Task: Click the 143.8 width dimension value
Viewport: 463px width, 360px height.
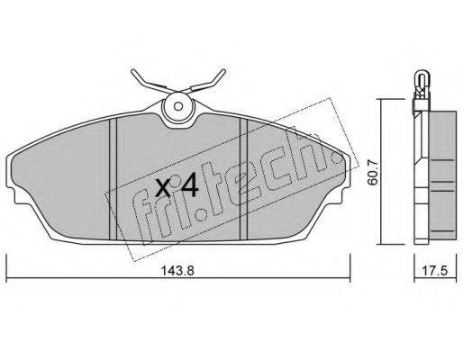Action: click(x=178, y=271)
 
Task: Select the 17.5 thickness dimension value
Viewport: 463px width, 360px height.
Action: click(x=435, y=271)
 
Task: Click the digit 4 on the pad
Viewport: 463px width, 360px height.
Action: click(x=187, y=186)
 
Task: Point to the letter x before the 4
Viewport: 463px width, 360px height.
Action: click(x=164, y=189)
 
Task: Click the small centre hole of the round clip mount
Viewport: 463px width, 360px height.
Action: click(x=178, y=106)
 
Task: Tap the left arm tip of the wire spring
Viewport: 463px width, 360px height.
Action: click(x=132, y=71)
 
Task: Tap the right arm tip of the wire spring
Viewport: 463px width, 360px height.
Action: click(x=223, y=71)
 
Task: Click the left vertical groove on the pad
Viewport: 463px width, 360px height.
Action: click(x=113, y=179)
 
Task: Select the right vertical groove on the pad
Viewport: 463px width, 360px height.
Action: click(x=243, y=179)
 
